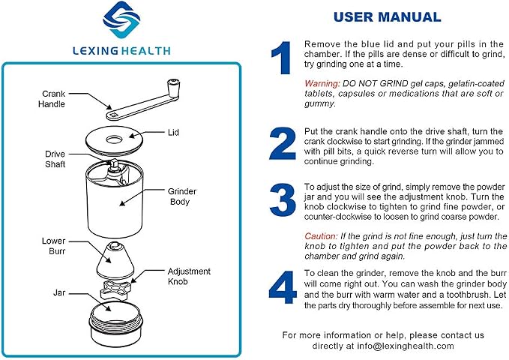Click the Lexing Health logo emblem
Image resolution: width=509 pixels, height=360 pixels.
click(x=121, y=19)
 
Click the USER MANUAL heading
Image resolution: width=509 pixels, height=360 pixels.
click(x=388, y=17)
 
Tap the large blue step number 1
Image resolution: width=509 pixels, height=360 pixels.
click(x=281, y=58)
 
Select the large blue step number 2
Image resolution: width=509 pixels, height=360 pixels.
click(x=283, y=143)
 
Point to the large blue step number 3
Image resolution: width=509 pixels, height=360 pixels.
click(x=283, y=199)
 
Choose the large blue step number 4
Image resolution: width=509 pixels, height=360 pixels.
click(x=283, y=287)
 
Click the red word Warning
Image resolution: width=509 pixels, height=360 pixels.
click(x=322, y=83)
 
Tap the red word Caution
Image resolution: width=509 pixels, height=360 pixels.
click(x=321, y=236)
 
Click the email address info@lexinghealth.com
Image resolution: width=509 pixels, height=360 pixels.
click(x=406, y=346)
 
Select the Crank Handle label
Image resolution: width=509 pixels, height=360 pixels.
click(x=52, y=99)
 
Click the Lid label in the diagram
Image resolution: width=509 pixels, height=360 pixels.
click(x=173, y=132)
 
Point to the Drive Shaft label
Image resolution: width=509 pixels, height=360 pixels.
click(x=55, y=159)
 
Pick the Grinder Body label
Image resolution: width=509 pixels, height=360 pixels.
click(x=182, y=196)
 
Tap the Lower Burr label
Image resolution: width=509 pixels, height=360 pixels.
click(x=53, y=246)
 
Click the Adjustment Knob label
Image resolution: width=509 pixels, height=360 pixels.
click(x=189, y=276)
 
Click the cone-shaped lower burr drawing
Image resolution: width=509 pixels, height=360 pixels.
click(x=115, y=260)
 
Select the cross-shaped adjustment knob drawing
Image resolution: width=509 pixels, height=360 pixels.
click(x=116, y=289)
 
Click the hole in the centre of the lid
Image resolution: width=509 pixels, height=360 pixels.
click(x=114, y=140)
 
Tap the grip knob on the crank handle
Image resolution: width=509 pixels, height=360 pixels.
click(x=173, y=88)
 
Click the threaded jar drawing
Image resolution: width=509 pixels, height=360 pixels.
click(x=116, y=324)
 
